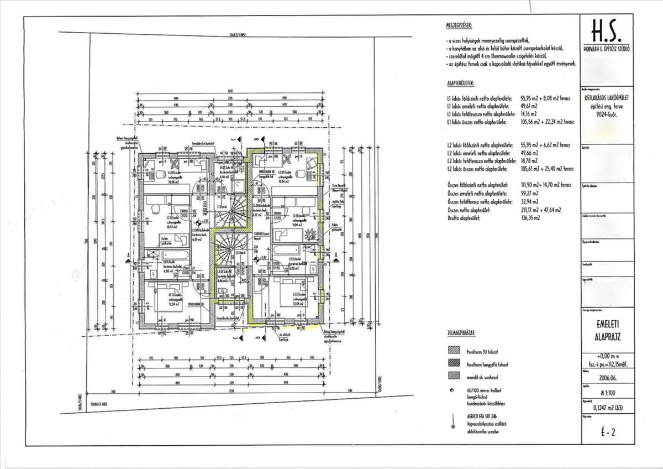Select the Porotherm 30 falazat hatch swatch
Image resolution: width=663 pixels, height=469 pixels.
coord(454,350)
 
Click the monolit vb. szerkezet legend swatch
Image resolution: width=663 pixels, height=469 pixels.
coord(454,376)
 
